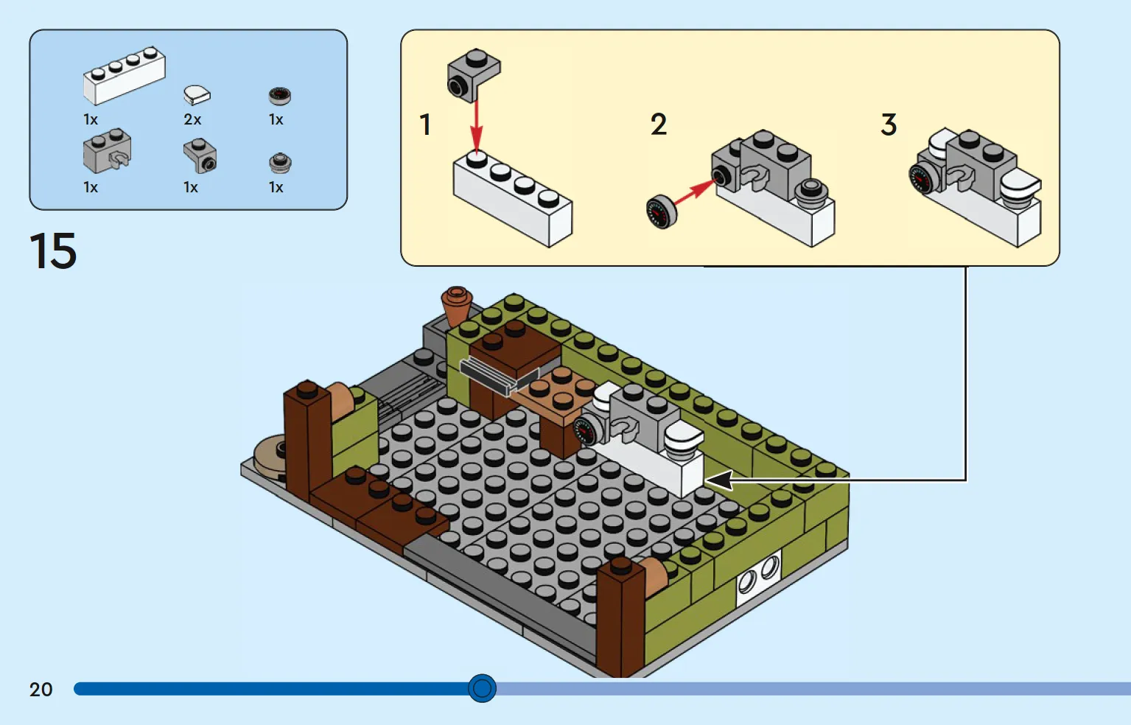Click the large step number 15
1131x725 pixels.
(x=53, y=251)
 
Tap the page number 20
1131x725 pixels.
(x=41, y=690)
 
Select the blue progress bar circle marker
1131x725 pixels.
(x=482, y=688)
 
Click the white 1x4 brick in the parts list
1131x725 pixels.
(x=124, y=76)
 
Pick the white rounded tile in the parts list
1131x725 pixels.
(x=197, y=94)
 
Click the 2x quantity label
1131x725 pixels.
(x=192, y=119)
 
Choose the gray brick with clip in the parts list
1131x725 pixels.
(x=108, y=151)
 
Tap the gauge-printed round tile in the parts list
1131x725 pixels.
(x=280, y=95)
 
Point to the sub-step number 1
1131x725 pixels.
(x=425, y=125)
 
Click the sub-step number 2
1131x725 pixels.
(x=659, y=125)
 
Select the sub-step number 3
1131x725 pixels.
(x=889, y=125)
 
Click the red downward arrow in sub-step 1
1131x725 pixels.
(x=476, y=125)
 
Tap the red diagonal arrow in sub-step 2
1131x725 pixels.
(x=693, y=195)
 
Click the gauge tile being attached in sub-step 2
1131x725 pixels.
(x=661, y=211)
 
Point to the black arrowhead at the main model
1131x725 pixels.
(x=719, y=480)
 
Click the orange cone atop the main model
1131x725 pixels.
(x=457, y=303)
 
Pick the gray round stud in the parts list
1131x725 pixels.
(x=280, y=163)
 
